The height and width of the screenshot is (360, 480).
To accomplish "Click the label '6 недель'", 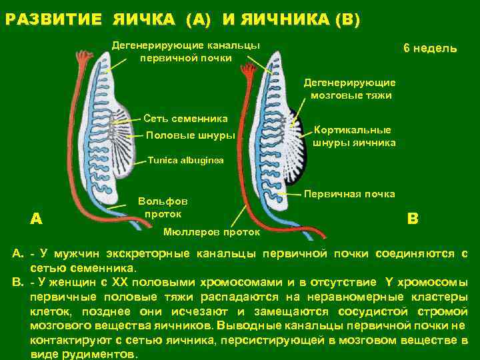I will coord(429,49).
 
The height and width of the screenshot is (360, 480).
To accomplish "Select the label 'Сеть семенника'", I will coord(185,119).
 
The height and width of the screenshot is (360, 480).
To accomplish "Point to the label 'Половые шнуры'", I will coord(190,135).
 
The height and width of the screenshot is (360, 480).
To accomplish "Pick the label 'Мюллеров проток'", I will coord(212,233).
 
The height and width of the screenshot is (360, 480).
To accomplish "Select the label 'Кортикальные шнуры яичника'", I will coord(354,137).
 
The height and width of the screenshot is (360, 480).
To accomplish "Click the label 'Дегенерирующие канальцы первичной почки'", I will coord(186,51).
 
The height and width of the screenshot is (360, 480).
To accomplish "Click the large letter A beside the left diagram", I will coord(37,219).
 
